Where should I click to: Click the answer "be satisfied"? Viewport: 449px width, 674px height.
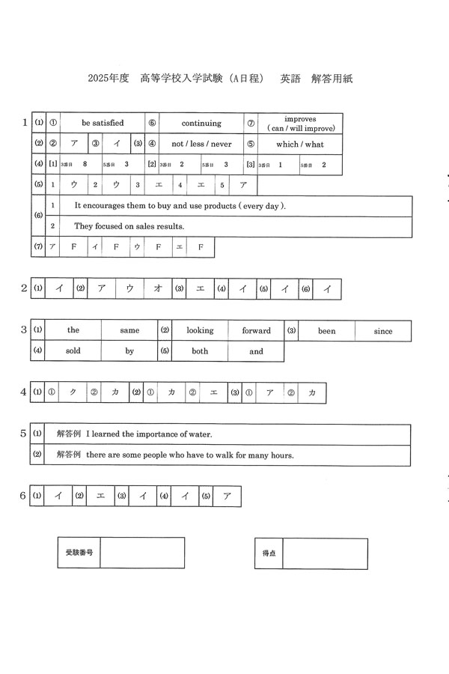pyautogui.click(x=103, y=123)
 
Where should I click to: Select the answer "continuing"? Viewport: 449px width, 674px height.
pyautogui.click(x=201, y=123)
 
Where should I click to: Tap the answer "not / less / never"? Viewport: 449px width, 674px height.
pyautogui.click(x=201, y=144)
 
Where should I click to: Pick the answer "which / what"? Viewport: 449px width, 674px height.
pyautogui.click(x=300, y=144)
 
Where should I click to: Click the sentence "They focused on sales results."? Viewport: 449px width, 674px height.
pyautogui.click(x=129, y=225)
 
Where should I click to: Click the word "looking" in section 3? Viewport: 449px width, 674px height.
pyautogui.click(x=200, y=330)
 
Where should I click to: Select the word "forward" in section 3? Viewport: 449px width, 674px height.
pyautogui.click(x=256, y=330)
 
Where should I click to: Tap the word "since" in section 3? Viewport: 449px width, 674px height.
pyautogui.click(x=382, y=331)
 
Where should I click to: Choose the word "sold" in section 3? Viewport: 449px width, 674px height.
pyautogui.click(x=73, y=350)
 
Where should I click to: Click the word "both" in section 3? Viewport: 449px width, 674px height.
pyautogui.click(x=200, y=350)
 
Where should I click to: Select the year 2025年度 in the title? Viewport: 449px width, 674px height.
pyautogui.click(x=109, y=78)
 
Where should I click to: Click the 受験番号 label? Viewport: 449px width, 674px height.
pyautogui.click(x=79, y=552)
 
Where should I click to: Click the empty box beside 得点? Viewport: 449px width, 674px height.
pyautogui.click(x=325, y=553)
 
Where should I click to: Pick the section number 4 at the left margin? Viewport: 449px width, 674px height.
pyautogui.click(x=23, y=392)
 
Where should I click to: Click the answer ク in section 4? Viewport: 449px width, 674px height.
pyautogui.click(x=73, y=392)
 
